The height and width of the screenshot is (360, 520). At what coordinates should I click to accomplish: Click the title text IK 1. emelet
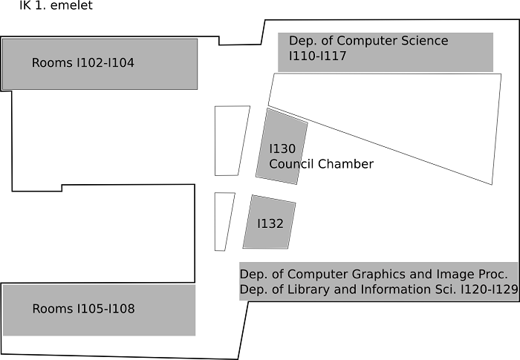[56, 5]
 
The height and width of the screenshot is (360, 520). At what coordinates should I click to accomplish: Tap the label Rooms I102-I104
[83, 62]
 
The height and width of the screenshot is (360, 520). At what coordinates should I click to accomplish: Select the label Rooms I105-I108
[83, 309]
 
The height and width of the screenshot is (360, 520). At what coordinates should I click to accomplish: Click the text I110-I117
[317, 56]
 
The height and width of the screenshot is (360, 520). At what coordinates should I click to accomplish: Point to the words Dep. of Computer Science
[368, 41]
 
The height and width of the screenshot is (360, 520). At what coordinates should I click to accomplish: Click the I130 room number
[282, 148]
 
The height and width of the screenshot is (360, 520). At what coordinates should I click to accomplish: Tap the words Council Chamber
[322, 164]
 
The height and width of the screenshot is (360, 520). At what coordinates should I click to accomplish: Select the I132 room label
[270, 223]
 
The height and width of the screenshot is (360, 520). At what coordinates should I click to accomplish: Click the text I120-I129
[490, 289]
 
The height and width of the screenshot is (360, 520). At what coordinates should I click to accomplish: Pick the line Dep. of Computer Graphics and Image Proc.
[374, 274]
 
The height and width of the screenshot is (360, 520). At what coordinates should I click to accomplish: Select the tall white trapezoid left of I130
[232, 140]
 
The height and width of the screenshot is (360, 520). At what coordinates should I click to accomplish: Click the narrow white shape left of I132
[224, 221]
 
